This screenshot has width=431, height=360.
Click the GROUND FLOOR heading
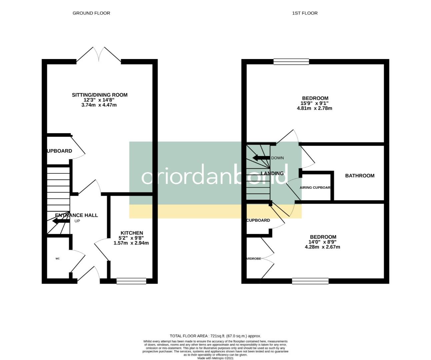point(91,13)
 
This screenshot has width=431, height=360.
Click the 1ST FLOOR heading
point(305,13)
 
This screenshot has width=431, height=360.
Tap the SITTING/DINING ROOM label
point(100,95)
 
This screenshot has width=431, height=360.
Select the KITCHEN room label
point(132,233)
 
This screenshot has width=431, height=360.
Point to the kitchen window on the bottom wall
point(131,281)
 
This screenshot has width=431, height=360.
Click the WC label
point(58,259)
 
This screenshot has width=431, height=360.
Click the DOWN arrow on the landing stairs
point(261,158)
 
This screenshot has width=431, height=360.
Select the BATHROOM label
point(360,176)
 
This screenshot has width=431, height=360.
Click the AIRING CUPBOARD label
point(315,188)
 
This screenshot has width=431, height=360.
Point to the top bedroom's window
point(291,61)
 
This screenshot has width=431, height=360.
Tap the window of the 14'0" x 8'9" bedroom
point(310,281)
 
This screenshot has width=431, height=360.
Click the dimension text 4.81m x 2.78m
point(314,108)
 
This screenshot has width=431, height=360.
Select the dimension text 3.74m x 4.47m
point(99,105)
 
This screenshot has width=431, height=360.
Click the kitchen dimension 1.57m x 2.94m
point(131,243)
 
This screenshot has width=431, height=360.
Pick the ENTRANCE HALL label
point(77,215)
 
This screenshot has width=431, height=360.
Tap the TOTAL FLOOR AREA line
point(215,336)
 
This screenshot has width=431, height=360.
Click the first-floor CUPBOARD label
point(258,220)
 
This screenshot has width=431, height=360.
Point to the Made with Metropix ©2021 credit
point(215,358)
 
